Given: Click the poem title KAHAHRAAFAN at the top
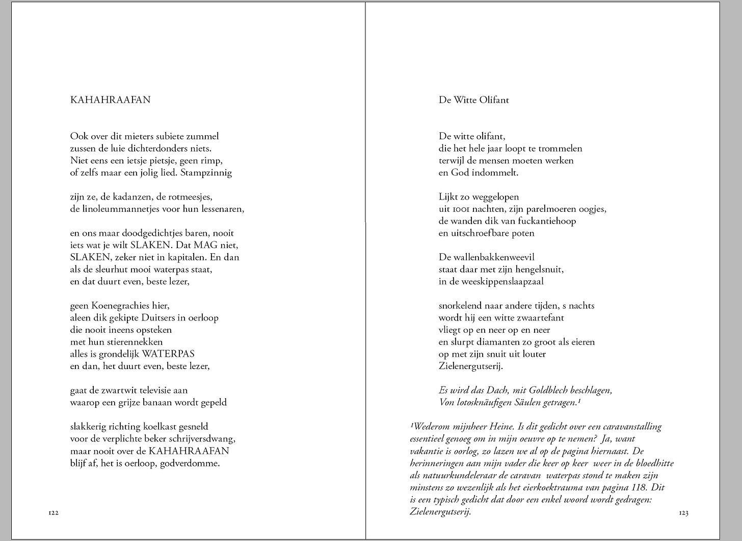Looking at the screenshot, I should point(110,100).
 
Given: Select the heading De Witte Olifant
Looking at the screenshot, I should point(473,100).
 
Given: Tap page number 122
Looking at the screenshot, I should point(54,513).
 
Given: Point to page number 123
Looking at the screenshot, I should point(683,513).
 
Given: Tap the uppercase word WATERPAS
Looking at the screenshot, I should point(168,354).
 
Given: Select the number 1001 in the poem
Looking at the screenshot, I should point(461,209).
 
